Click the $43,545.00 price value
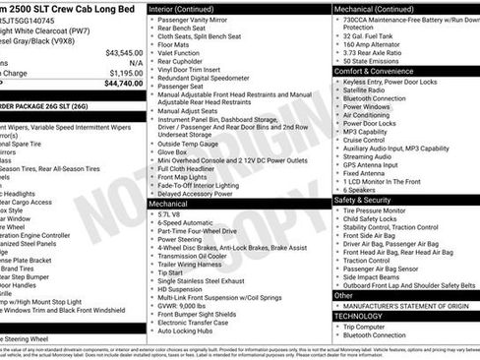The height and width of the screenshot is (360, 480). [124, 51]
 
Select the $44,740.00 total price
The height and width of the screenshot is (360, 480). [124, 84]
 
